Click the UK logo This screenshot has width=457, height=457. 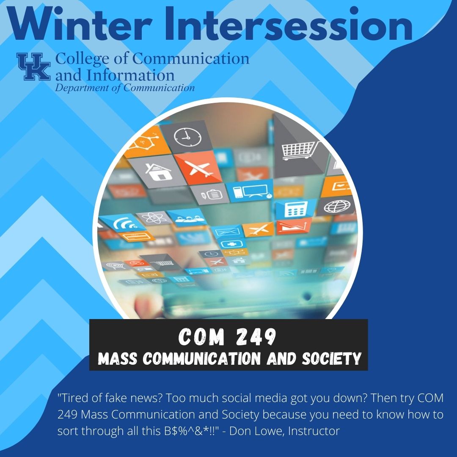pos(33,66)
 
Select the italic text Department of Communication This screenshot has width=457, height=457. pos(125,88)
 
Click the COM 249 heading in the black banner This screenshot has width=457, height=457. pos(228,337)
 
